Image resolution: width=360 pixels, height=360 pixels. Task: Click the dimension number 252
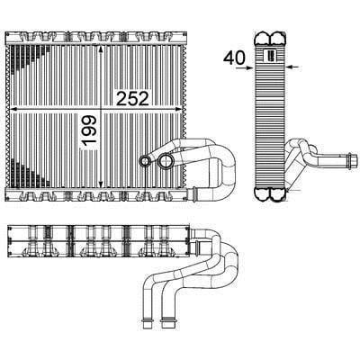tap(132, 99)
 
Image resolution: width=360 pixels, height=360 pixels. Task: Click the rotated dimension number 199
tap(89, 130)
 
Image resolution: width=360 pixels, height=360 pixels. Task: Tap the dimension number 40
tap(234, 58)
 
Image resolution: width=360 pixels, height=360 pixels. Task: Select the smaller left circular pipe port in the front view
tap(145, 161)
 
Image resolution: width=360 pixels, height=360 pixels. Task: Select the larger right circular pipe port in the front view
tap(166, 161)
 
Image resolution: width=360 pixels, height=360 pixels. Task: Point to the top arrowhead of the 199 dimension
tap(101, 49)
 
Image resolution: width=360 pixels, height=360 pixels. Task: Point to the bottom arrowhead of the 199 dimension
tap(101, 184)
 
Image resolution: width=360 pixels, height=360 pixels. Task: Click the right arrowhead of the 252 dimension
tap(178, 108)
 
